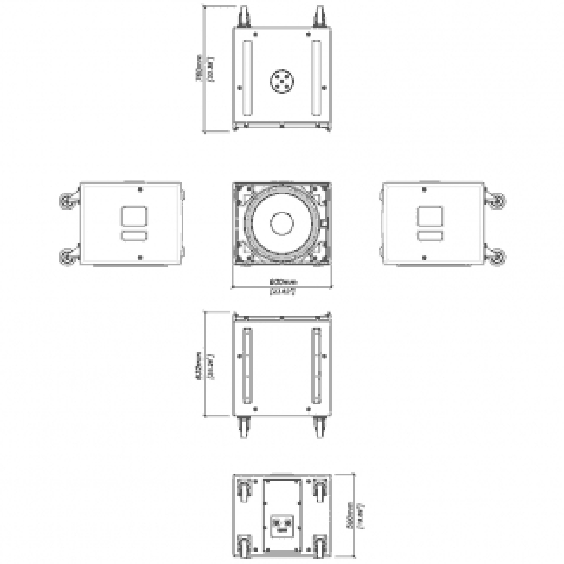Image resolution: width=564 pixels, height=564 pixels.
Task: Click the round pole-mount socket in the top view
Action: tap(282, 81)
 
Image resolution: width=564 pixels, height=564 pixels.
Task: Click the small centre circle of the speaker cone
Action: tap(282, 223)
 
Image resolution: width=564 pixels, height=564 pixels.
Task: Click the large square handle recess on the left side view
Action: tap(134, 216)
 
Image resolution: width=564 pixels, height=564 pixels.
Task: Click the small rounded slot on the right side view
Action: tap(430, 236)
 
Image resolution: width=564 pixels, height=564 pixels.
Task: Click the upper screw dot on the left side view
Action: tap(140, 190)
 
